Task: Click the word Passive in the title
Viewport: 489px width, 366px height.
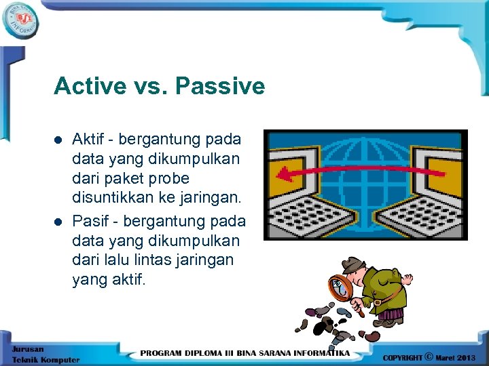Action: click(x=219, y=86)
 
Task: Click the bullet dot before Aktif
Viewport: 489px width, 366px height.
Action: click(x=58, y=140)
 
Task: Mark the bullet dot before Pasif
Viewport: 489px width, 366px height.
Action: click(x=58, y=222)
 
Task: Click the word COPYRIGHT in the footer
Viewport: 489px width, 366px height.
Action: click(x=402, y=357)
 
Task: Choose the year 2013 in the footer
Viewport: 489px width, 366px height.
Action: click(x=466, y=357)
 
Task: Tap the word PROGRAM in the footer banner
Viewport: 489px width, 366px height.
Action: click(x=163, y=353)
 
